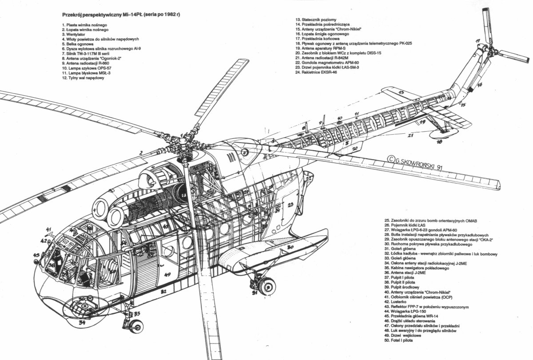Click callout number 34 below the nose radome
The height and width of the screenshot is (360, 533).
[81, 323]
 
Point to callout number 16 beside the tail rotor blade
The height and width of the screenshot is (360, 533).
[479, 84]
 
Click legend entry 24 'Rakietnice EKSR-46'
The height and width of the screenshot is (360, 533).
[316, 72]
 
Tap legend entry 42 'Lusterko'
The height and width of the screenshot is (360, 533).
[396, 302]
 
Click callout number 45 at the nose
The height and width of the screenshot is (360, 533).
[36, 255]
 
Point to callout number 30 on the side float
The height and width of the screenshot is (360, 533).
[290, 247]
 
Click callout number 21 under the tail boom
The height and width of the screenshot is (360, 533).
[411, 135]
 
